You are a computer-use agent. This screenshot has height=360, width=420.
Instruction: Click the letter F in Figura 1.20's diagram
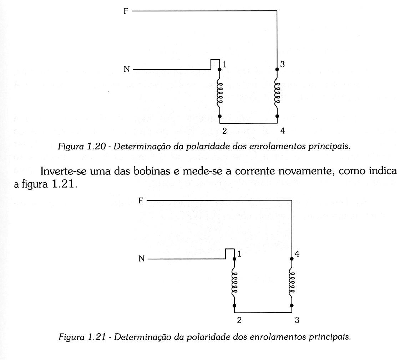tap(126, 11)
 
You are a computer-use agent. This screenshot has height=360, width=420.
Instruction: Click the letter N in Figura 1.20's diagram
tap(126, 70)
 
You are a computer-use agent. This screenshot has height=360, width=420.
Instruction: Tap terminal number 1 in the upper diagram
tap(225, 65)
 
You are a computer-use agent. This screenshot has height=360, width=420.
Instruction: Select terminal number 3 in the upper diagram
tap(282, 65)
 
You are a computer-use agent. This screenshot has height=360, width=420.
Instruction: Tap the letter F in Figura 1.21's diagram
tap(141, 201)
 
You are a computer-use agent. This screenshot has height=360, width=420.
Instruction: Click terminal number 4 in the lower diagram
tap(297, 254)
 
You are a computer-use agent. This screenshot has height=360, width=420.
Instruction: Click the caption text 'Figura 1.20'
tap(82, 146)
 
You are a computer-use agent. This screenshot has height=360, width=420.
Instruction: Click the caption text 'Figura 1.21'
tap(82, 337)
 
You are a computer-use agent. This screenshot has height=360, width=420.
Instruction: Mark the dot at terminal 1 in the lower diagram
tap(234, 259)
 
